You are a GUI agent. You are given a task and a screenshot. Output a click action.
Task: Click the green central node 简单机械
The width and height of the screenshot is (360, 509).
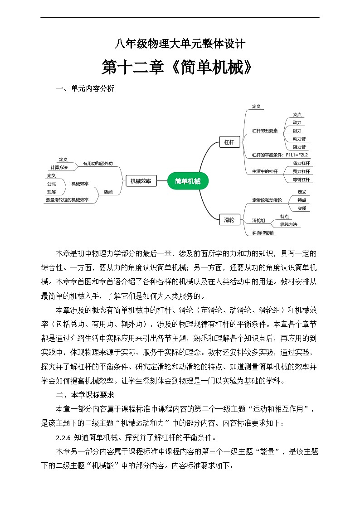(188, 181)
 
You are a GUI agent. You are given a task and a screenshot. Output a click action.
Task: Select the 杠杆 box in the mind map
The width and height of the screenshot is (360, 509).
(229, 142)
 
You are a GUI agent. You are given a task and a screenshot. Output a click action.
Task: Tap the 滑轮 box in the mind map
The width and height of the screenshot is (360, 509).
(229, 220)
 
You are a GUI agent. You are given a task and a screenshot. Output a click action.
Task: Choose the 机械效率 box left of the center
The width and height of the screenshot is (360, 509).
(141, 181)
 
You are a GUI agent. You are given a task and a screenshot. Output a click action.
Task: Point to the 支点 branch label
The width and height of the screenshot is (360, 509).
(297, 115)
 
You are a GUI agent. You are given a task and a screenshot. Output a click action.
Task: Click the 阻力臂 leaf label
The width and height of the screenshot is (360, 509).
(299, 147)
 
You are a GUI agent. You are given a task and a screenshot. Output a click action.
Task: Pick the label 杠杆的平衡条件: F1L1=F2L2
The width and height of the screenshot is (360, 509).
(280, 155)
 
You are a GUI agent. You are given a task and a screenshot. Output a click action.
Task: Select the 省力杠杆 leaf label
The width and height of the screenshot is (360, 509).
(301, 163)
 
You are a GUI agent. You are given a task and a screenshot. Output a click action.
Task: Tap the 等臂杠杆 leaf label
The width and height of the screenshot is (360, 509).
(301, 179)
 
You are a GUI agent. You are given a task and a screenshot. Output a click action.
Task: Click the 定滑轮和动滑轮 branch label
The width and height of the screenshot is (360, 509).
(267, 200)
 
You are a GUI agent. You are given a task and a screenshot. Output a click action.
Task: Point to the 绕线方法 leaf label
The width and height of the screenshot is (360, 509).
(288, 224)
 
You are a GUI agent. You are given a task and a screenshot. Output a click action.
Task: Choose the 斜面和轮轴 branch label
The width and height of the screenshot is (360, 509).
(263, 233)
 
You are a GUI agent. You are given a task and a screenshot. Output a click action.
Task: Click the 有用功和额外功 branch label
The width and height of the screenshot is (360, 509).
(97, 164)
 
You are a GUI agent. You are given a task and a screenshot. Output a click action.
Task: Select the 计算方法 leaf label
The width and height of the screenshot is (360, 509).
(59, 167)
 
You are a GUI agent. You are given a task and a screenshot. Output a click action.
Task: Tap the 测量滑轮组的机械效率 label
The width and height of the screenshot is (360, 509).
(67, 200)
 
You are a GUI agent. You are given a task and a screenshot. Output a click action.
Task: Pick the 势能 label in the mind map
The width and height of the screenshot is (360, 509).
(108, 192)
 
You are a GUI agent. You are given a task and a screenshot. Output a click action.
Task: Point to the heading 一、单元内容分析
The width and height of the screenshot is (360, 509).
(85, 89)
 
